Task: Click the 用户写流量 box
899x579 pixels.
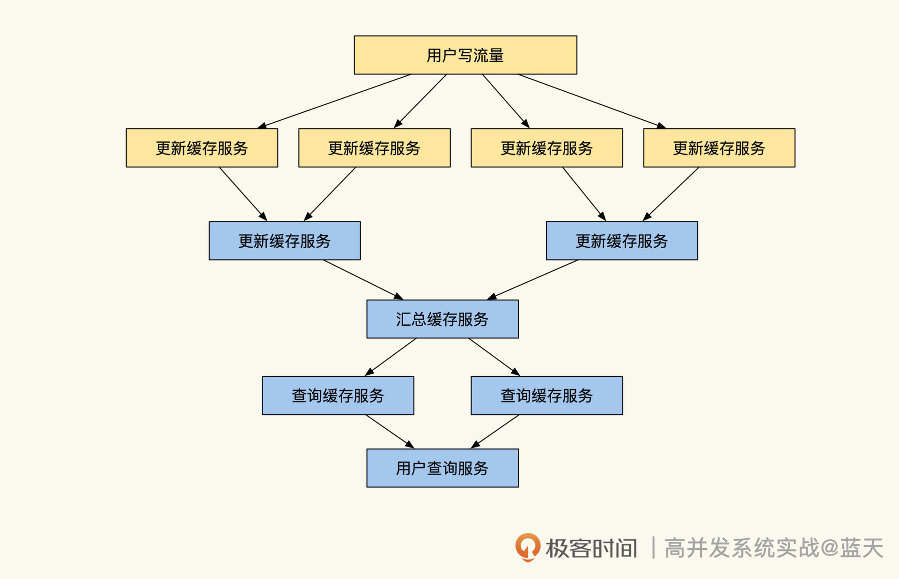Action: tap(465, 55)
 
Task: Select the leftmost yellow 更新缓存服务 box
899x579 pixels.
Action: tap(202, 148)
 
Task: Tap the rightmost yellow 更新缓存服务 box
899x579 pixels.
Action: tap(719, 148)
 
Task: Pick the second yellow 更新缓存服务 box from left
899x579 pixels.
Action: tap(374, 148)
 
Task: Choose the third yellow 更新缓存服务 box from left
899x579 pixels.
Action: tap(546, 148)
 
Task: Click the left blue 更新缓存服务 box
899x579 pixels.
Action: tap(285, 241)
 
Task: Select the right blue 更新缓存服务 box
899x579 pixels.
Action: tap(622, 241)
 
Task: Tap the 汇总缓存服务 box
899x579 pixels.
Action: tap(442, 319)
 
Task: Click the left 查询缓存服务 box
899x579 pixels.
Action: tap(338, 396)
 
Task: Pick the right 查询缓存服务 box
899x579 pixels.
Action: tap(546, 396)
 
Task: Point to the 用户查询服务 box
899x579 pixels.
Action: tap(442, 468)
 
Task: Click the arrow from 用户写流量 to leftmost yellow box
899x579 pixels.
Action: tap(334, 101)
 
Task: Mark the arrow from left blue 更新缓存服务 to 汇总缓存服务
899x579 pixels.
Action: tap(363, 279)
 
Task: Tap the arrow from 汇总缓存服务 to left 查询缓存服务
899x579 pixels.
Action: tap(391, 357)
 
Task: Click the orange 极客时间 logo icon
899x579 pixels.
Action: tap(528, 547)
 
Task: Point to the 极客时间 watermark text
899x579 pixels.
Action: tap(591, 548)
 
